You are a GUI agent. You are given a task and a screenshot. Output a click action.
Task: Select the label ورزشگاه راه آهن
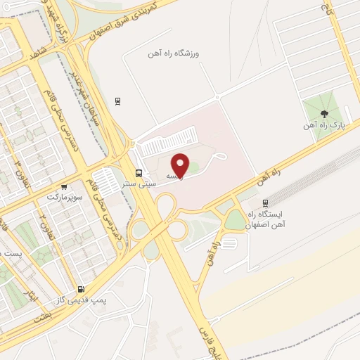174,53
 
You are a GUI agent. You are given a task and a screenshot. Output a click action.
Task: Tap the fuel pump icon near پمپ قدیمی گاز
81,288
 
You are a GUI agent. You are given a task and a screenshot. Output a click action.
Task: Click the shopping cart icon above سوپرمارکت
64,188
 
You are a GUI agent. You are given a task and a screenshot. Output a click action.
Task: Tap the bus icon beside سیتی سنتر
139,172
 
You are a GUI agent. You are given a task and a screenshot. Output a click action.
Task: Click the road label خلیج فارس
205,337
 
